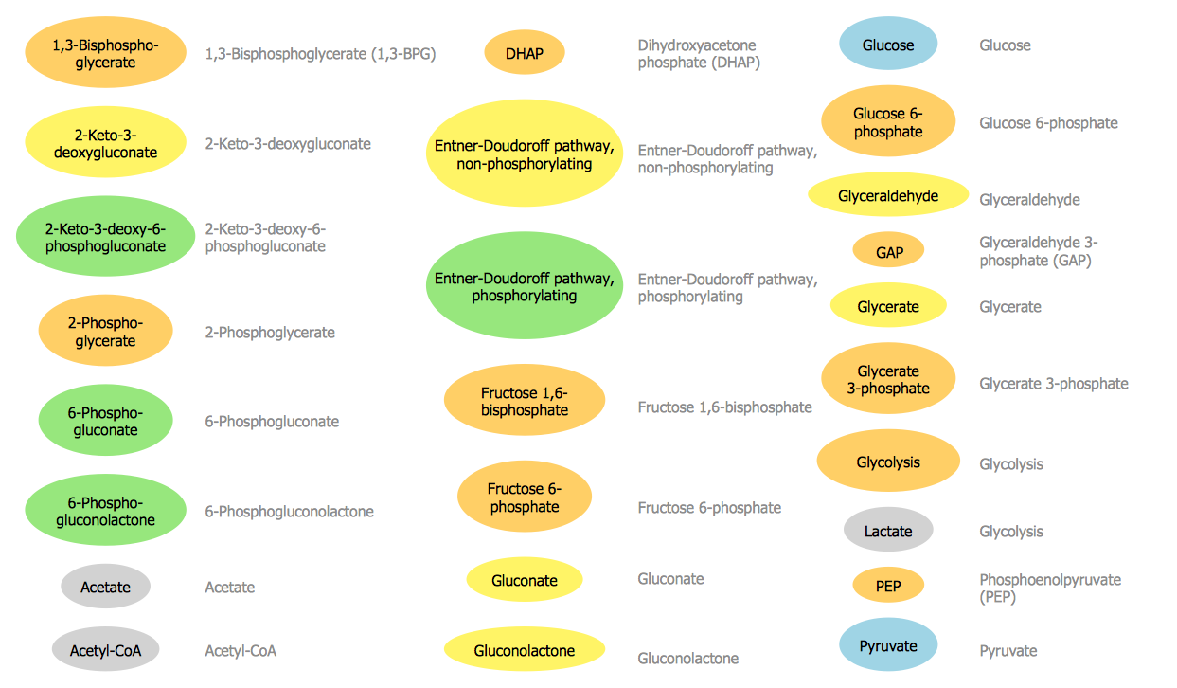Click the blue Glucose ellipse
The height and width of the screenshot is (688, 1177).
[x=888, y=45]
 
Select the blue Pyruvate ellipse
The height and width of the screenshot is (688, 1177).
[x=888, y=645]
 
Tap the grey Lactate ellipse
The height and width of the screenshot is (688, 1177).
[x=888, y=531]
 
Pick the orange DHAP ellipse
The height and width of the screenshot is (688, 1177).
[x=525, y=53]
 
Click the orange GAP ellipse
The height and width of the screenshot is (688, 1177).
[x=888, y=252]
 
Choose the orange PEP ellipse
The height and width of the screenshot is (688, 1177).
[x=888, y=586]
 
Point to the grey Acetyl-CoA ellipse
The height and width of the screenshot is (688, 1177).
[x=105, y=650]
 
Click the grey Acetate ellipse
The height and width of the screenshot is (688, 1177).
[x=105, y=587]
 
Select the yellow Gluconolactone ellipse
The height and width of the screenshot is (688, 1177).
[x=525, y=650]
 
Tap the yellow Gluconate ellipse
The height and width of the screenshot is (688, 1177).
[x=525, y=580]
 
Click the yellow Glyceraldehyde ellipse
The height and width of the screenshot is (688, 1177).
[x=888, y=195]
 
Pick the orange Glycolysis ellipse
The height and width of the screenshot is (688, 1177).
[x=888, y=462]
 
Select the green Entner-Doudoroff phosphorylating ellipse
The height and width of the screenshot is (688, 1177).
[x=525, y=286]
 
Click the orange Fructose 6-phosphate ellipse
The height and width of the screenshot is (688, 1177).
[x=525, y=498]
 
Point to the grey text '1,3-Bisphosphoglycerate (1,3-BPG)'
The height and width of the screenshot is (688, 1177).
[x=320, y=54]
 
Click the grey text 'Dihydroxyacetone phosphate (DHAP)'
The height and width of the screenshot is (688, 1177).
[x=699, y=54]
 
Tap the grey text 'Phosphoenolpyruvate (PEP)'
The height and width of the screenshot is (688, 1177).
[x=1050, y=588]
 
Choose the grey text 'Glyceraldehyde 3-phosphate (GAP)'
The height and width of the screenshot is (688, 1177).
[x=1039, y=251]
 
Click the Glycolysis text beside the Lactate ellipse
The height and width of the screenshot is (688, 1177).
[x=1011, y=532]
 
